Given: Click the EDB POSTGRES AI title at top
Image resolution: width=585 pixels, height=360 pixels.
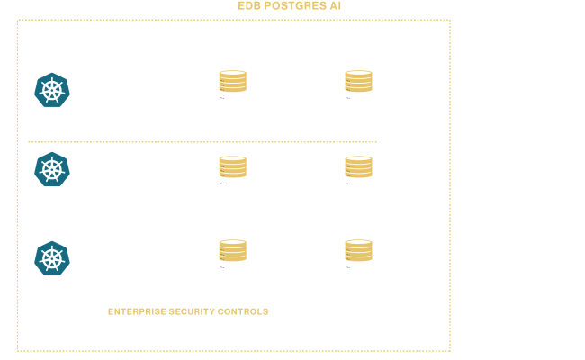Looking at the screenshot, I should coord(290,6).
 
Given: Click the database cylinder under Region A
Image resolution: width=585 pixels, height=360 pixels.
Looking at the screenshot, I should coord(232,85).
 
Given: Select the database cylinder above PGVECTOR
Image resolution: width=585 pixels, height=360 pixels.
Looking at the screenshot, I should coord(358,256).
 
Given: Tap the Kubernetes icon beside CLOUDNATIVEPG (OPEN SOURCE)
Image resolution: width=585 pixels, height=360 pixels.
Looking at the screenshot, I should coord(52,258).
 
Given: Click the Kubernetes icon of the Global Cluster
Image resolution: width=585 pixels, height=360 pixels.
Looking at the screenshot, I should coord(52,91).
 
